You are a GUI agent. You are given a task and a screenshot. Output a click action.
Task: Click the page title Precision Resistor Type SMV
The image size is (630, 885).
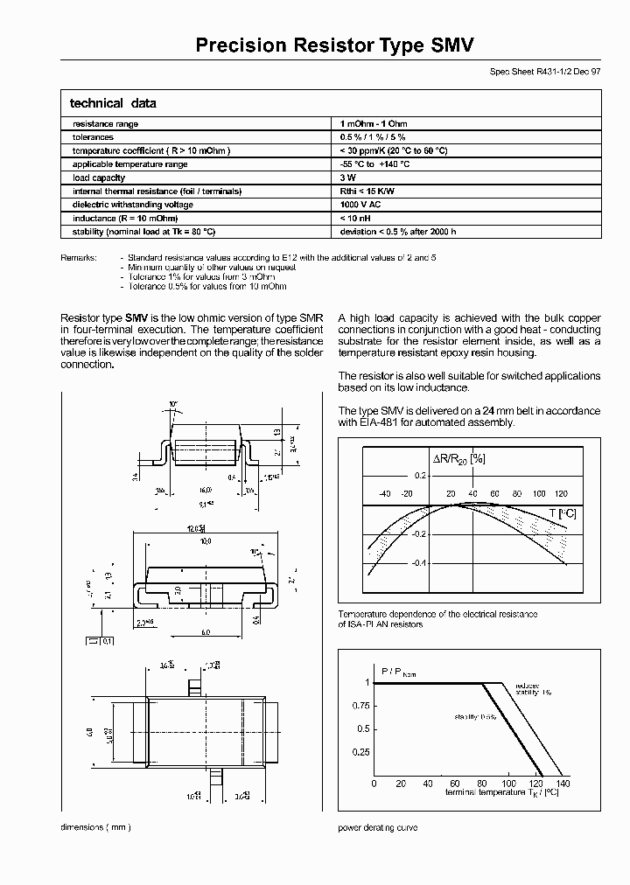point(335,45)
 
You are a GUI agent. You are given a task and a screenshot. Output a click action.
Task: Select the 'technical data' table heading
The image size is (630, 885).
point(113,103)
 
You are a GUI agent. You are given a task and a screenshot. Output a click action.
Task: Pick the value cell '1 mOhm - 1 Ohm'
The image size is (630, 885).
point(374,124)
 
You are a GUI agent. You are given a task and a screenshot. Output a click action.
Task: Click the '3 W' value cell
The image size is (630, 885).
point(346,178)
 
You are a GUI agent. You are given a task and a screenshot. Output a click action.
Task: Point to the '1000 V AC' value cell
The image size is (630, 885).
point(361,205)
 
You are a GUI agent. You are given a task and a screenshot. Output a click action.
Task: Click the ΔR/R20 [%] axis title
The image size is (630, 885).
point(458,458)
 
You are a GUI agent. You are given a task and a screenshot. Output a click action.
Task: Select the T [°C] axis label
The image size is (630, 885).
point(562,513)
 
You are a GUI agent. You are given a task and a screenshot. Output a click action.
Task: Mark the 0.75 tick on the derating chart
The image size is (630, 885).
point(360,705)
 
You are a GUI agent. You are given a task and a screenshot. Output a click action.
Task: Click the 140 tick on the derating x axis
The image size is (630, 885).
point(563,784)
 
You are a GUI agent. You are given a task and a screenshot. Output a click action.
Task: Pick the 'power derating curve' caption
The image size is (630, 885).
point(377,827)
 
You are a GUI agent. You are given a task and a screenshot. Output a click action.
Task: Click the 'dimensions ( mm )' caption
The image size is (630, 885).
point(95,827)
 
